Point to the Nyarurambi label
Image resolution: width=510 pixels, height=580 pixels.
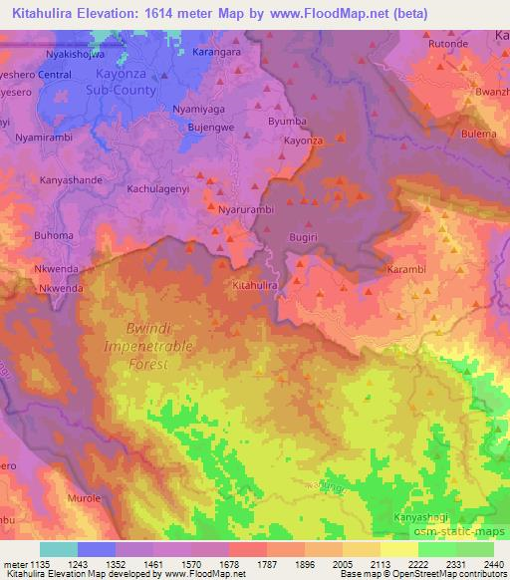(x=245, y=210)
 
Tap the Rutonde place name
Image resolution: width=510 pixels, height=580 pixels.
(x=448, y=45)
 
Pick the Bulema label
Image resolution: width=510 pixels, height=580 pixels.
(x=478, y=134)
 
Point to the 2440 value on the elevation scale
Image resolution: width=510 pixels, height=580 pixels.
(x=492, y=564)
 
